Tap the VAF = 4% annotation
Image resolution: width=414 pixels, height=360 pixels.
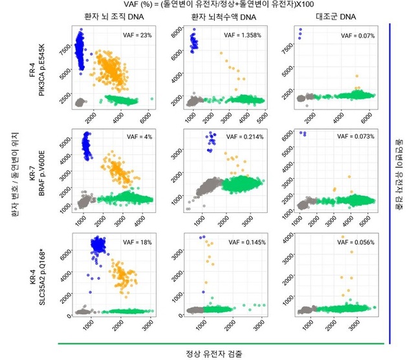pos(136,137)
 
